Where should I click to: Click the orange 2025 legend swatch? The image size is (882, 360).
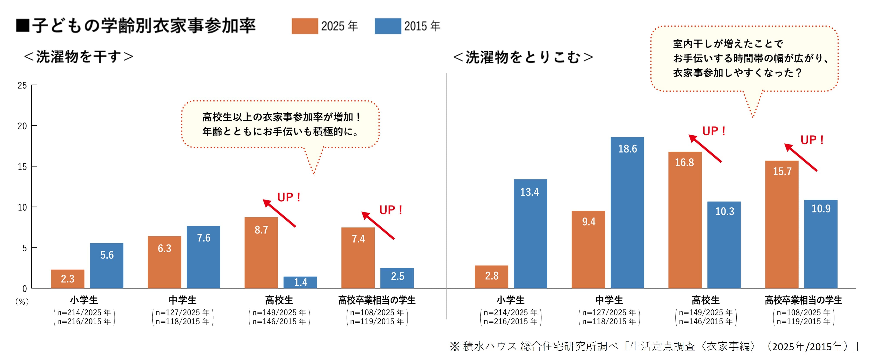304,26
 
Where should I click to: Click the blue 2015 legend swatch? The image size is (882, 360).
388,26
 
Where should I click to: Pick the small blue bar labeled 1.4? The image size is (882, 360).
300,282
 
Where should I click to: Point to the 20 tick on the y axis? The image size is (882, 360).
22,126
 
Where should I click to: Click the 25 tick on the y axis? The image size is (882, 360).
22,85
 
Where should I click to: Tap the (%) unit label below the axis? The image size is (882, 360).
22,302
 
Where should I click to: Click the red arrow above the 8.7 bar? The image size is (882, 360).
279,213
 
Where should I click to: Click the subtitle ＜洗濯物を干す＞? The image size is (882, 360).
78,57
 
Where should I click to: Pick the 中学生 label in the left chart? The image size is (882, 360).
183,300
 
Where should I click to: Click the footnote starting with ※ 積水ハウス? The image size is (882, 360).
654,346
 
